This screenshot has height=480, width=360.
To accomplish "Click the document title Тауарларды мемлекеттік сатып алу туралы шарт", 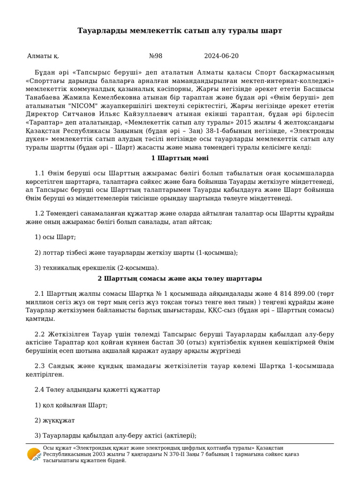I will click(180, 31).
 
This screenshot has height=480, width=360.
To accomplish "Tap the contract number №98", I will click(156, 56).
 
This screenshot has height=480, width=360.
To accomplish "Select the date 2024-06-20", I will click(221, 56).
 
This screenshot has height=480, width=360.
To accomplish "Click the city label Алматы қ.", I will click(43, 56).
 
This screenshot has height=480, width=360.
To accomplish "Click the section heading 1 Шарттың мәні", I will click(180, 158).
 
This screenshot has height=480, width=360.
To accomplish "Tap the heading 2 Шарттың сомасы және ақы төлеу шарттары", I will click(180, 279).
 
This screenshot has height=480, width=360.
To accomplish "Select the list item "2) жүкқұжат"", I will click(55, 420).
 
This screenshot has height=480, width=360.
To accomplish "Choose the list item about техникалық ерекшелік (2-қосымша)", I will click(97, 268).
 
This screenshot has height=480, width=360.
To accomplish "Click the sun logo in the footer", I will click(34, 454).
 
